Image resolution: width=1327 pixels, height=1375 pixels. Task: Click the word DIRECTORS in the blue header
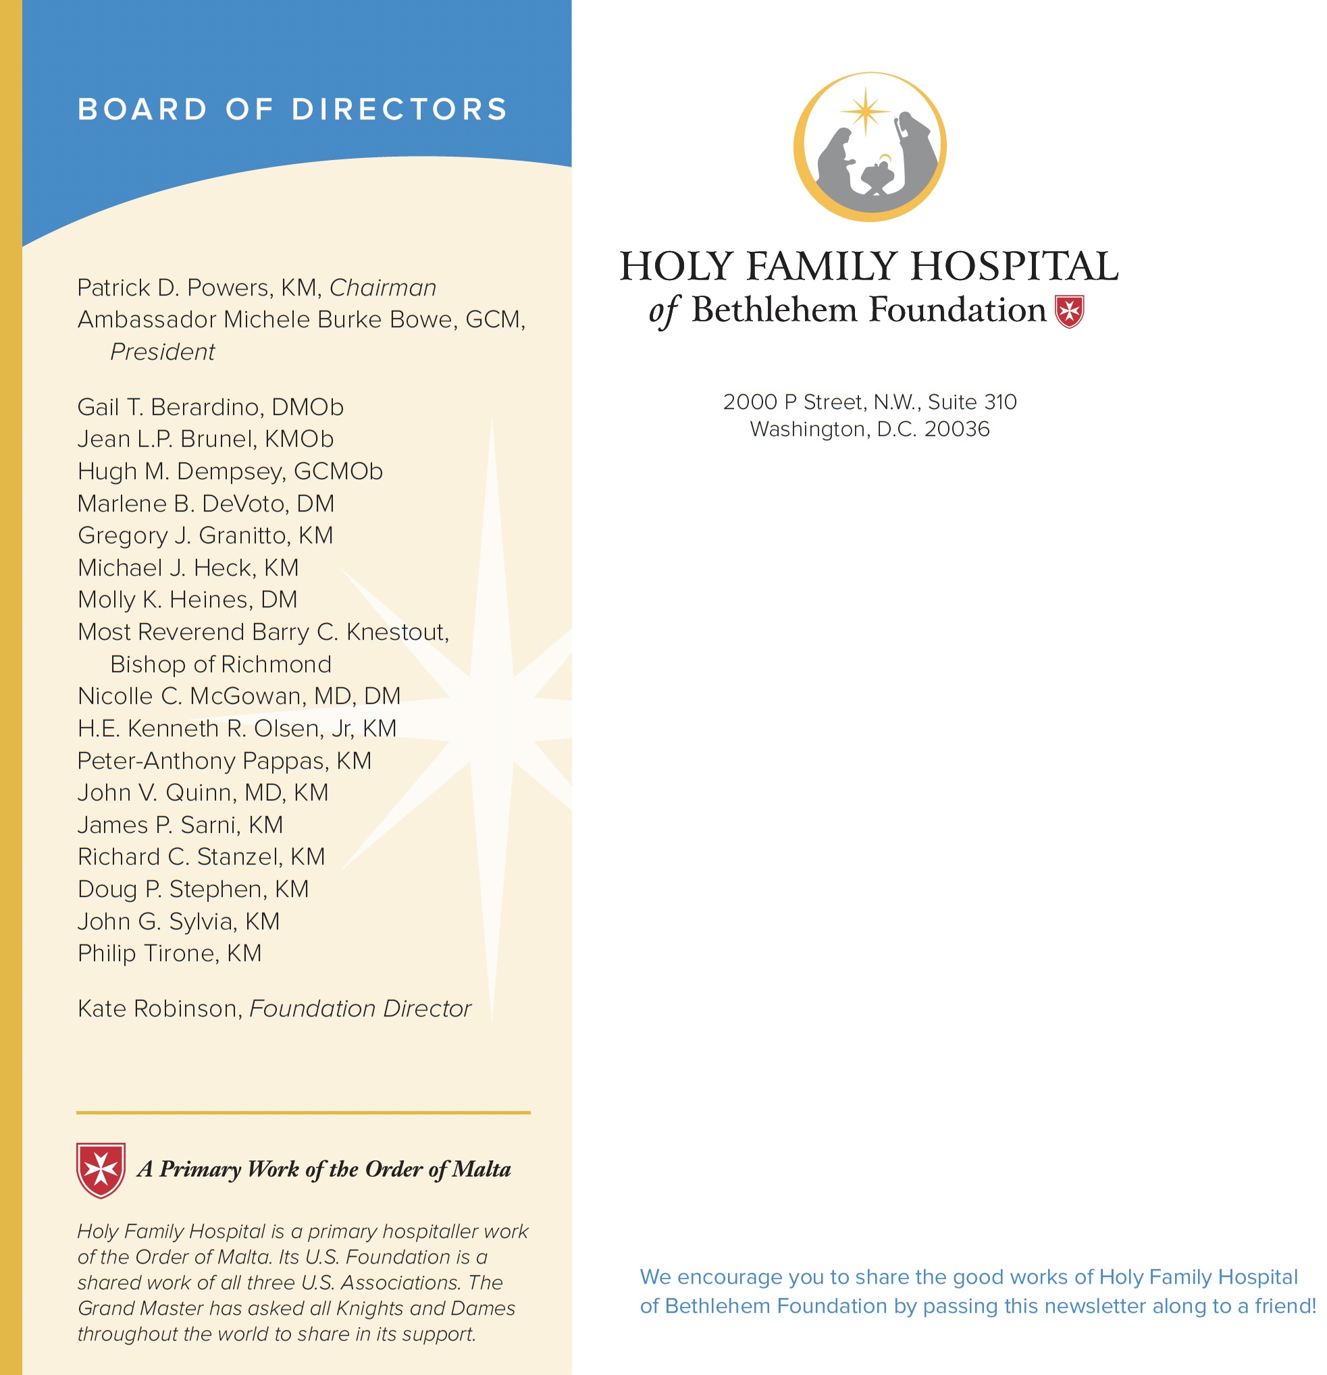point(399,109)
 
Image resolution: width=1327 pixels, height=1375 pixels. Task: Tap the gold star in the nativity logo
point(865,111)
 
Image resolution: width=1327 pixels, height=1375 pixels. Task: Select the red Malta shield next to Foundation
point(1069,311)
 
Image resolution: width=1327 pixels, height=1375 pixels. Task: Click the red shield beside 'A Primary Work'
point(101,1169)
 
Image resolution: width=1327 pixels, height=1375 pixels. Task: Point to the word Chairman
point(382,288)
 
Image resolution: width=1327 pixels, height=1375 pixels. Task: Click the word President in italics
point(162,352)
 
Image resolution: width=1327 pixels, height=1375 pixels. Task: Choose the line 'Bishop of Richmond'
point(220,664)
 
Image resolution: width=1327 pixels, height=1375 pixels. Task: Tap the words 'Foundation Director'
point(360,1008)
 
